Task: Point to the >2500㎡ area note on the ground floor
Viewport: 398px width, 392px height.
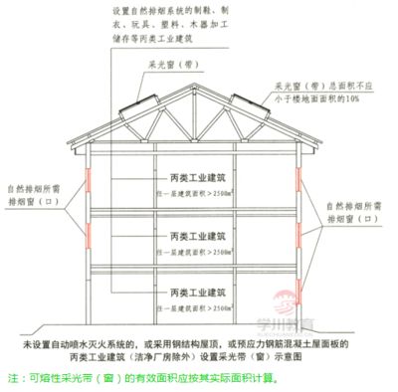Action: pos(198,307)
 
